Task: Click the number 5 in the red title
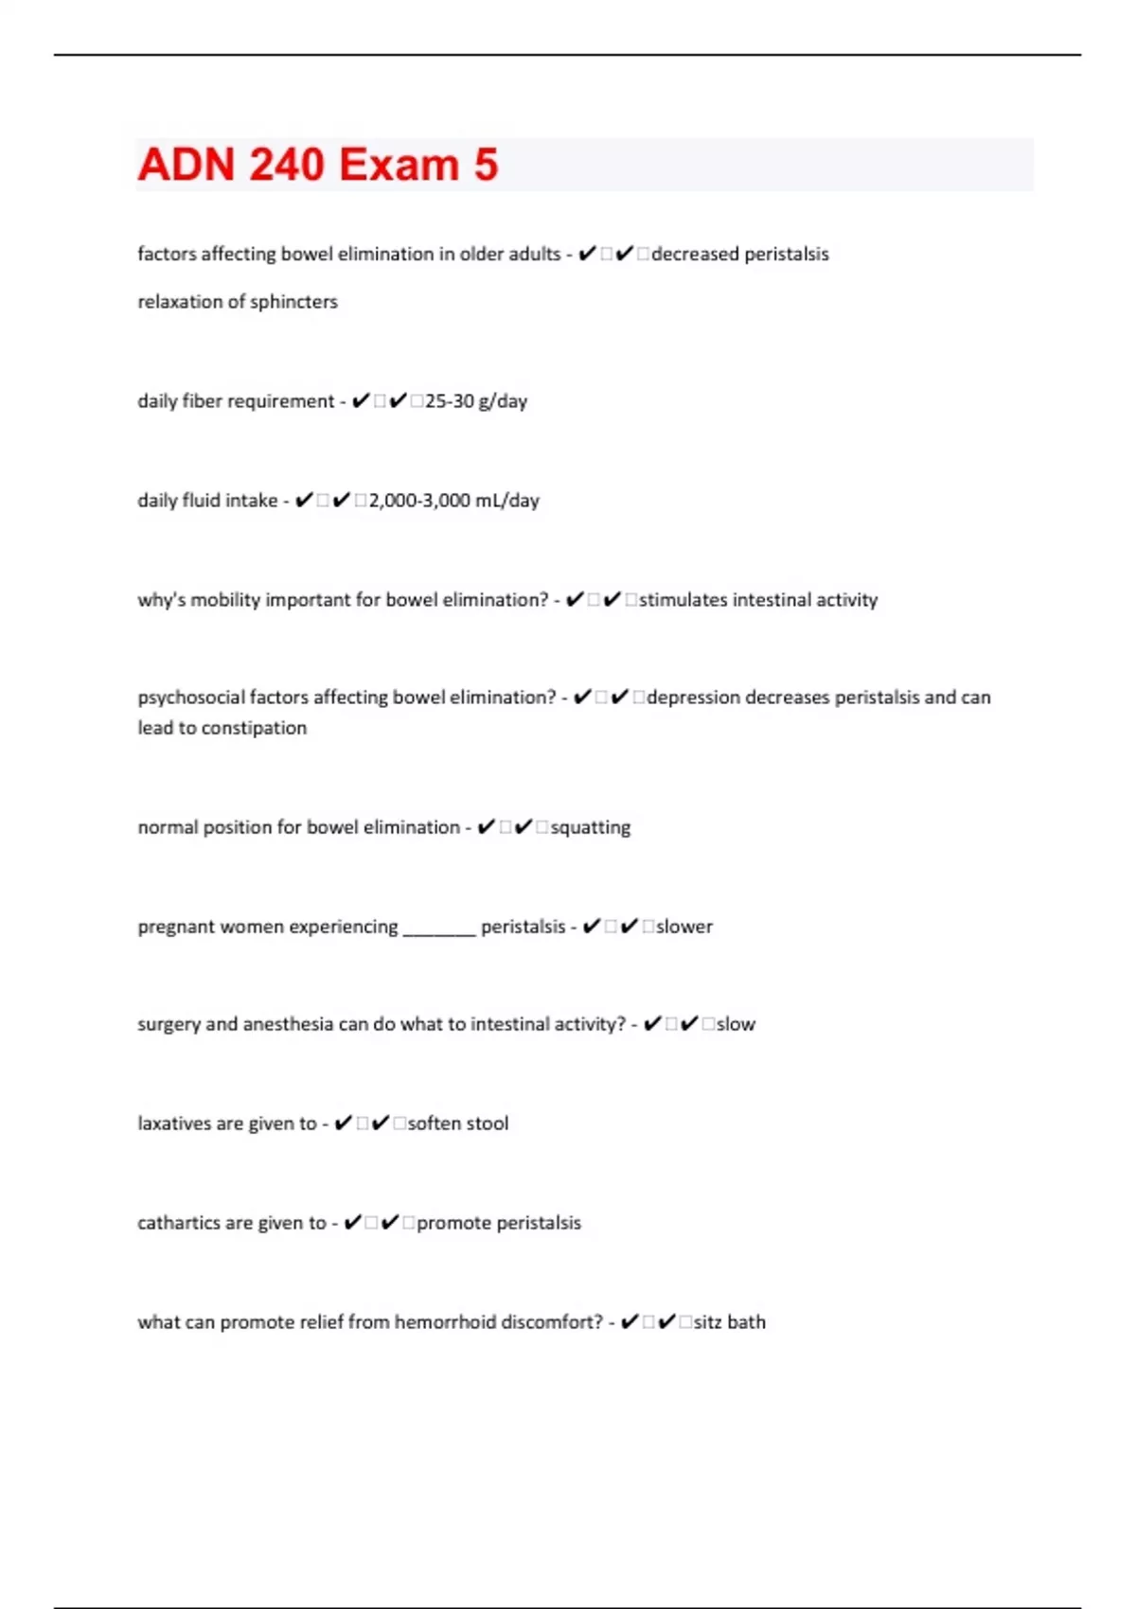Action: click(x=486, y=165)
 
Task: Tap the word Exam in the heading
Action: click(x=399, y=165)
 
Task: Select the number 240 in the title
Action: click(x=287, y=165)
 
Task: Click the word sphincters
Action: click(x=293, y=302)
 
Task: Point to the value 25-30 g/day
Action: click(x=476, y=401)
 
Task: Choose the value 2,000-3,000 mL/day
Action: click(x=454, y=501)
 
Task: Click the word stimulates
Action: click(x=683, y=600)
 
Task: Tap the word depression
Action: click(x=693, y=698)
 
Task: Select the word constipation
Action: click(x=255, y=728)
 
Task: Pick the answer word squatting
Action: click(x=591, y=827)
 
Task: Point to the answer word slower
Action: click(x=684, y=927)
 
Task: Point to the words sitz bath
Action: click(x=730, y=1322)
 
